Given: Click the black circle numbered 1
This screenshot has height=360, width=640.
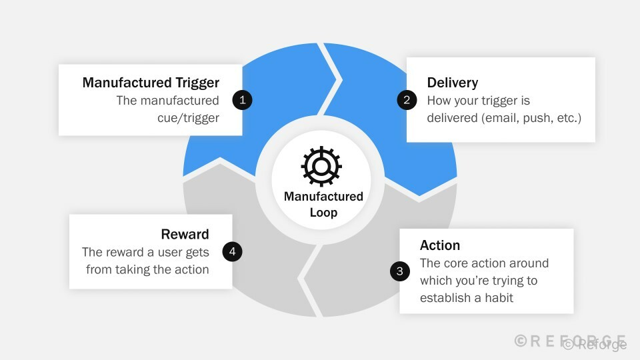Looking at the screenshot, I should tap(242, 101).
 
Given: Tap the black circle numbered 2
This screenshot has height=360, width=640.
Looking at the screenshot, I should tap(407, 101).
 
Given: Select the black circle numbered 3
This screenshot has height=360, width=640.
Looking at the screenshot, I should tap(399, 271).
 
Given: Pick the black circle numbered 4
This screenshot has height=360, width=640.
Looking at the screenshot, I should tap(232, 252).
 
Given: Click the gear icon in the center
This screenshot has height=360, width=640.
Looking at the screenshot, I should tap(321, 166).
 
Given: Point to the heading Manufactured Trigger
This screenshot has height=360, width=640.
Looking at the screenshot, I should tap(151, 83).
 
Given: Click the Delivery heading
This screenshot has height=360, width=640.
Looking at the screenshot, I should tap(452, 83).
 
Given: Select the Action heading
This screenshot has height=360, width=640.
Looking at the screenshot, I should tap(440, 245).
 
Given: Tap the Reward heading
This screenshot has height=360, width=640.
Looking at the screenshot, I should tap(185, 235).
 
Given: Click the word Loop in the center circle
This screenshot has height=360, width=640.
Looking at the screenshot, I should tap(323, 213).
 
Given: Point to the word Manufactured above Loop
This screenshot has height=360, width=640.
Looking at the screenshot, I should tap(323, 197).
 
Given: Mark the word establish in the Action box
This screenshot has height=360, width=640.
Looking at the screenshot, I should tap(444, 298).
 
